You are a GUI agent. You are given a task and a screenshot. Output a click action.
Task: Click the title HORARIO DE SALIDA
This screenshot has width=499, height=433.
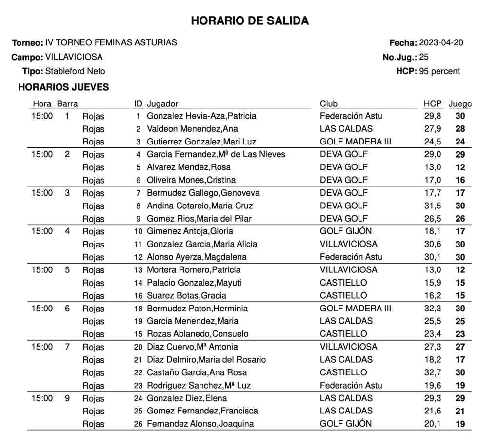click(x=249, y=21)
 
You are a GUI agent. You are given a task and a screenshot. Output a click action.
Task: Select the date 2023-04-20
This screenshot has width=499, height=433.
click(x=441, y=42)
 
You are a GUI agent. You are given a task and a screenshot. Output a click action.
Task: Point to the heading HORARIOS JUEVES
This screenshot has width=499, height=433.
click(x=63, y=87)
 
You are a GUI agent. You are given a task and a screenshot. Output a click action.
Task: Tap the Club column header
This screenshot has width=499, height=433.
click(x=328, y=103)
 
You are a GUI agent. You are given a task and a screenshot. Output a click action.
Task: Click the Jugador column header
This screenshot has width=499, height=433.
click(x=162, y=103)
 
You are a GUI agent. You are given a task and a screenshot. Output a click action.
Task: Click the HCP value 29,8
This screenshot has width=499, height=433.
click(x=433, y=116)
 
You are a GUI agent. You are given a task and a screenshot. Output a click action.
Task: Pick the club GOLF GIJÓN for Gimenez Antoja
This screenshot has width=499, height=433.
click(x=345, y=231)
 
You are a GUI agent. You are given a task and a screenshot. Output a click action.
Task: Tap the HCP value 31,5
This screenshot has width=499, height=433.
click(x=433, y=206)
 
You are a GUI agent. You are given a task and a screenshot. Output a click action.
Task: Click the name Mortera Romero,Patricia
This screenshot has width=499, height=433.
click(x=194, y=270)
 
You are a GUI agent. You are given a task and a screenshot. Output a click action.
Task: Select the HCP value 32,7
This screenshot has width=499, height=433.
click(x=433, y=373)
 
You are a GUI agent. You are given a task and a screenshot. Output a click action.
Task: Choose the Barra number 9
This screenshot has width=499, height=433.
click(x=67, y=398)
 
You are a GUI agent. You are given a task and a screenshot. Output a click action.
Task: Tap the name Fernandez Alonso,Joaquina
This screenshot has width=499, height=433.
click(x=200, y=424)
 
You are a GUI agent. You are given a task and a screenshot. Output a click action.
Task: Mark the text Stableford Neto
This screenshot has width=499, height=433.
click(x=75, y=71)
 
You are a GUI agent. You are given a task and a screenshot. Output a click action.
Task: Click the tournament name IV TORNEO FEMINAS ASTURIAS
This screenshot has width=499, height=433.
click(x=111, y=42)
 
